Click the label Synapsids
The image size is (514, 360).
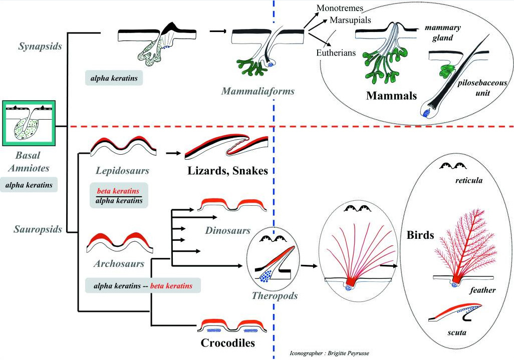click(40, 46)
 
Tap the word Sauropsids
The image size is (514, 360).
click(38, 229)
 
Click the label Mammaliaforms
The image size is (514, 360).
click(258, 91)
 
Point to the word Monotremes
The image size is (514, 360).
click(340, 8)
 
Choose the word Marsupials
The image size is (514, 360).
click(350, 20)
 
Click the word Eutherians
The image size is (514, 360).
click(336, 53)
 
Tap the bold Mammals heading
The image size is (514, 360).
click(391, 95)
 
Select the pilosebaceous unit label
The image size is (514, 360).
click(482, 88)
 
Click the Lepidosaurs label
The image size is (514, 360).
click(122, 171)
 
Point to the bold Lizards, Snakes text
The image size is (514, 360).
click(227, 171)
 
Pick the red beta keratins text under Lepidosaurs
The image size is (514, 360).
click(118, 191)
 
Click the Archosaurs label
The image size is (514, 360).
click(119, 263)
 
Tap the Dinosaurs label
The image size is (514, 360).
click(227, 230)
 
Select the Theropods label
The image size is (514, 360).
click(275, 296)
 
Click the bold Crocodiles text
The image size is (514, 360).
click(227, 343)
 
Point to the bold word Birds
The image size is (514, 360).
click(420, 235)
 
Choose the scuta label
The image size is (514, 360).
click(456, 332)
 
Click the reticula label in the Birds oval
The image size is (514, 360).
click(469, 180)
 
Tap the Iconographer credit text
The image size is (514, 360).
click(329, 353)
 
